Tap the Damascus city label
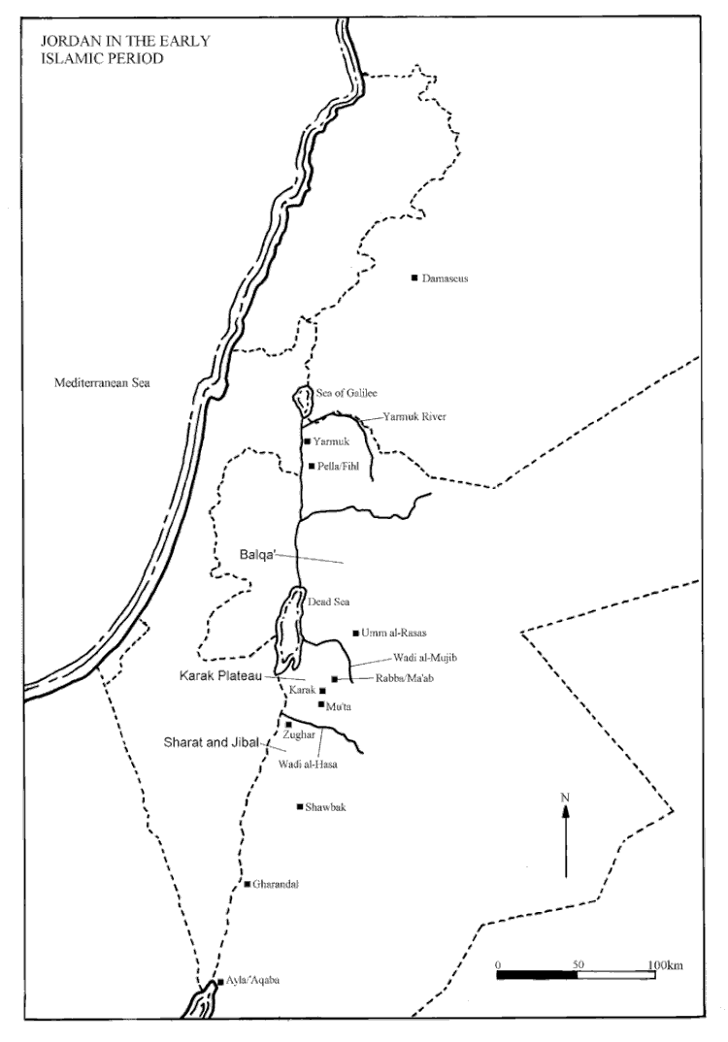(x=446, y=278)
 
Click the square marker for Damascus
(x=414, y=278)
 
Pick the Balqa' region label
(x=259, y=557)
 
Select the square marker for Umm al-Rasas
(x=356, y=633)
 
